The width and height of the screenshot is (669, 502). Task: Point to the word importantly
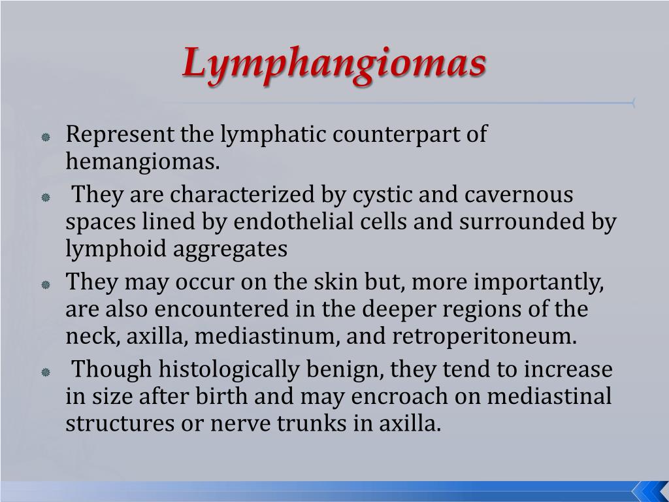tap(547, 283)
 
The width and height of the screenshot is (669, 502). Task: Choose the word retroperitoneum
tap(485, 337)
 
